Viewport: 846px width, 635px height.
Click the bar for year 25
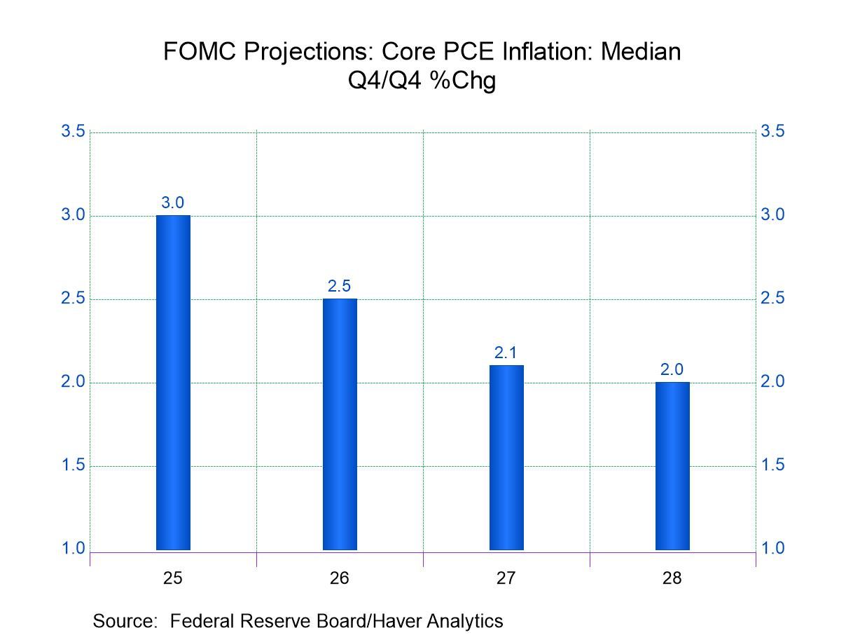coord(173,382)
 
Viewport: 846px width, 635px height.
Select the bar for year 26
coord(340,424)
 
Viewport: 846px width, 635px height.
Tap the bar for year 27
coord(506,457)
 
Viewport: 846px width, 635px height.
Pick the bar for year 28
coord(672,465)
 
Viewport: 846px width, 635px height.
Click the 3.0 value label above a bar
coord(173,203)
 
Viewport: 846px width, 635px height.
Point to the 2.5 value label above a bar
coord(340,287)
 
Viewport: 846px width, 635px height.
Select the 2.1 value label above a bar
coord(506,353)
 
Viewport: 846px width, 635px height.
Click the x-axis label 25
coord(173,579)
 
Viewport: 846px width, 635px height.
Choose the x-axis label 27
coord(506,579)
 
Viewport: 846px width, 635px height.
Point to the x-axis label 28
coord(672,579)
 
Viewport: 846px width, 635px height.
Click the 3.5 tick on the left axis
coord(74,132)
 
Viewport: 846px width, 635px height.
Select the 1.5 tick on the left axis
coord(74,465)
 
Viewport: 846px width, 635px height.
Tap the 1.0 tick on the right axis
coord(772,549)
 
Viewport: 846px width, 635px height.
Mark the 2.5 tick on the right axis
coord(772,299)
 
